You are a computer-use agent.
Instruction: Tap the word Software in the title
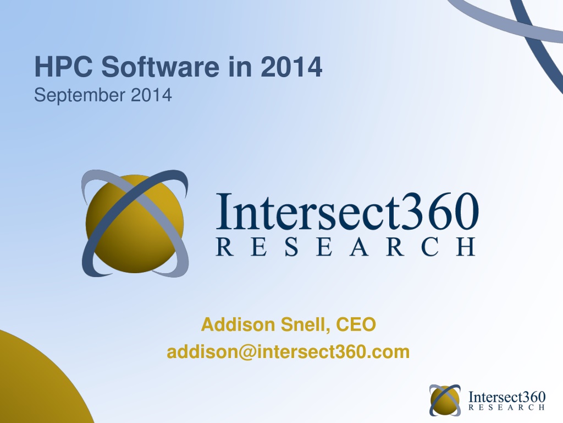coord(160,67)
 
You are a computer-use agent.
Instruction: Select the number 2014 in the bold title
coord(291,67)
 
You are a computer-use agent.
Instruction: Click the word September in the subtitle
coord(79,96)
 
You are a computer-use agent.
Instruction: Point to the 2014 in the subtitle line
coord(151,95)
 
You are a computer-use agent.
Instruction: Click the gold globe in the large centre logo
coord(135,224)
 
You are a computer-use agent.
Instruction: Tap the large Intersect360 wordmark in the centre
coord(347,211)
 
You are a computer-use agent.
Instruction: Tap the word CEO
coord(356,324)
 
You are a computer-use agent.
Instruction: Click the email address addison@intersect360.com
coord(288,352)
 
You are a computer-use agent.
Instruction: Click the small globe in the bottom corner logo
coord(445,400)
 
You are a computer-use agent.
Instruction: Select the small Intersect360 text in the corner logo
coord(507,397)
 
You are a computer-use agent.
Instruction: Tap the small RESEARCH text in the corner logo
coord(506,407)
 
